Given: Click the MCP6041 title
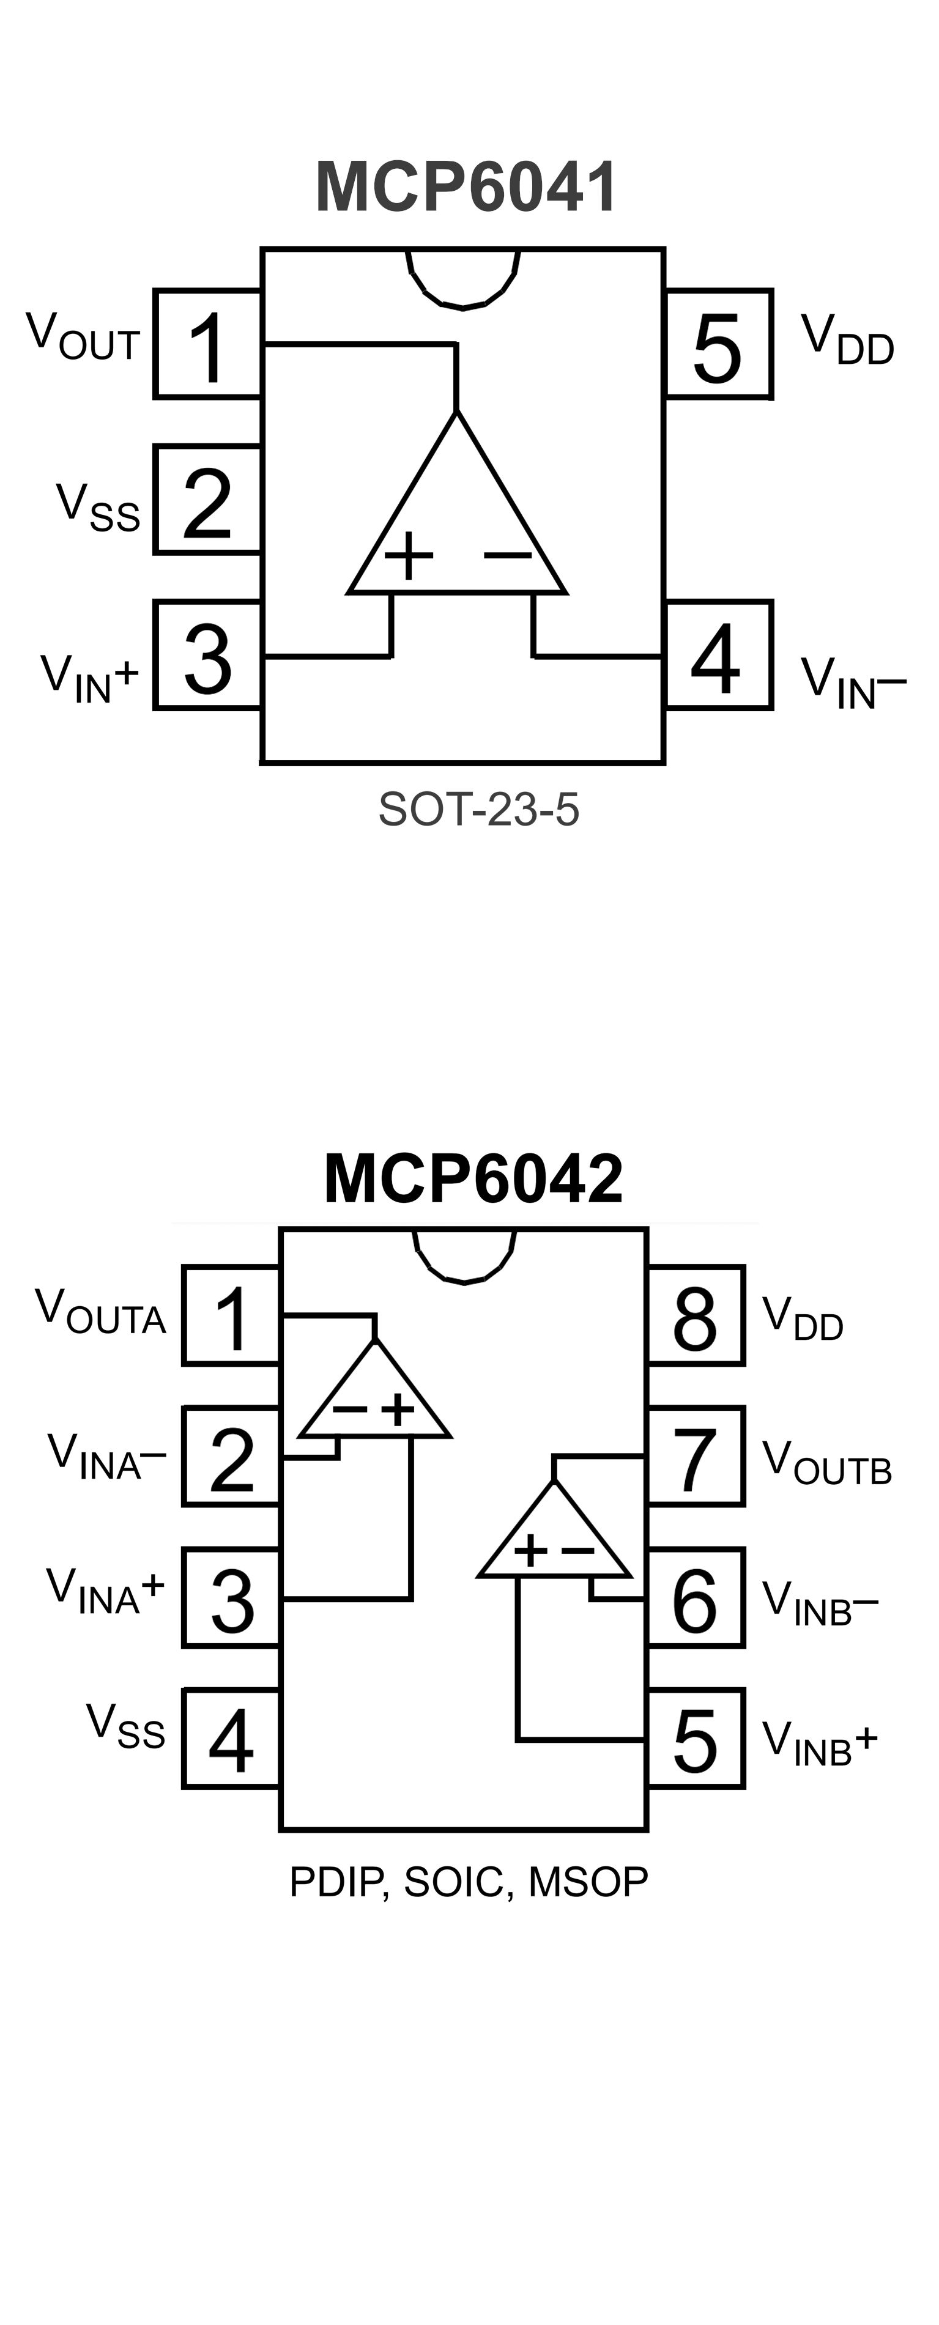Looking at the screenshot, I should (466, 187).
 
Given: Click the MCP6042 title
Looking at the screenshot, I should (473, 1178).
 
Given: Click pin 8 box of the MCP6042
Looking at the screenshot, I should (695, 1317).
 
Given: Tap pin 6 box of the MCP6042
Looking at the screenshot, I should (695, 1599).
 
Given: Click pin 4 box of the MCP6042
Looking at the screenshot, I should (231, 1739).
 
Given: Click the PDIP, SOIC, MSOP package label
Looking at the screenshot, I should (469, 1882).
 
